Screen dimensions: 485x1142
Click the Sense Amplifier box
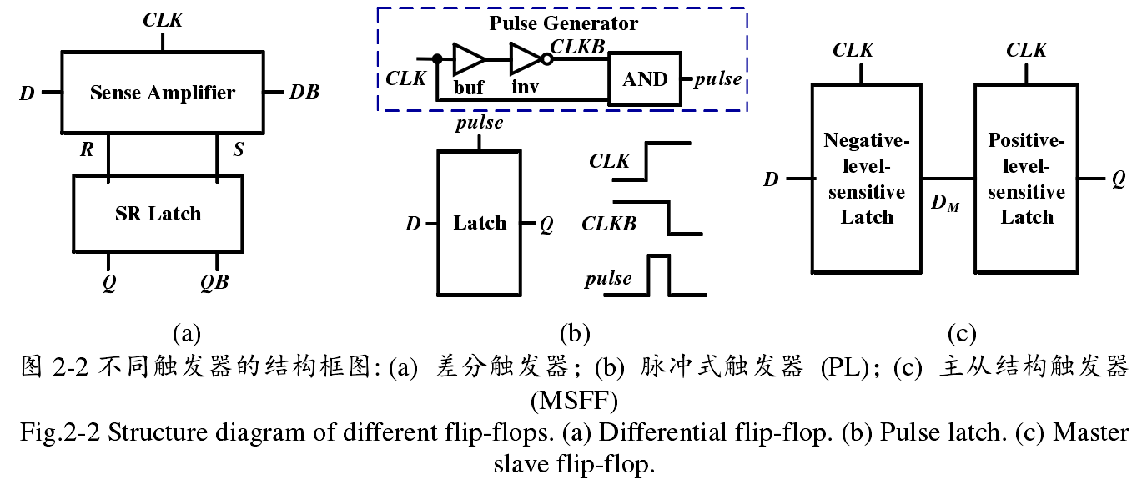pyautogui.click(x=162, y=92)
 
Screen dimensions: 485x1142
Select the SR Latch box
pyautogui.click(x=158, y=214)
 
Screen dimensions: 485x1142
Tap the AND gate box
pyautogui.click(x=644, y=79)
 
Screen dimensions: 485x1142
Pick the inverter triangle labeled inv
pyautogui.click(x=526, y=59)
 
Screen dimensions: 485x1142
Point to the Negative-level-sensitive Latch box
pyautogui.click(x=866, y=179)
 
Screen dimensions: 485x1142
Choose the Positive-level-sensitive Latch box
pyautogui.click(x=1026, y=179)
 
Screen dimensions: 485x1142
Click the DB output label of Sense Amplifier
pyautogui.click(x=304, y=92)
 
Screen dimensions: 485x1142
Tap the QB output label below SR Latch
pyautogui.click(x=214, y=281)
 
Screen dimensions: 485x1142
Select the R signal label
pyautogui.click(x=87, y=151)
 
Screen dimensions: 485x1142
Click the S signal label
pyautogui.click(x=239, y=151)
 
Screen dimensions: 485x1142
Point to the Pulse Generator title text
pyautogui.click(x=563, y=23)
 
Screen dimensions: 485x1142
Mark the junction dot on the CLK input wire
pyautogui.click(x=436, y=59)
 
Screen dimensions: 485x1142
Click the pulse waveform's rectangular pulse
pyautogui.click(x=660, y=275)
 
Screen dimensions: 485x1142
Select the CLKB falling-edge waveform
pyautogui.click(x=667, y=218)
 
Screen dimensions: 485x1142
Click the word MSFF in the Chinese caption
pyautogui.click(x=573, y=402)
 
